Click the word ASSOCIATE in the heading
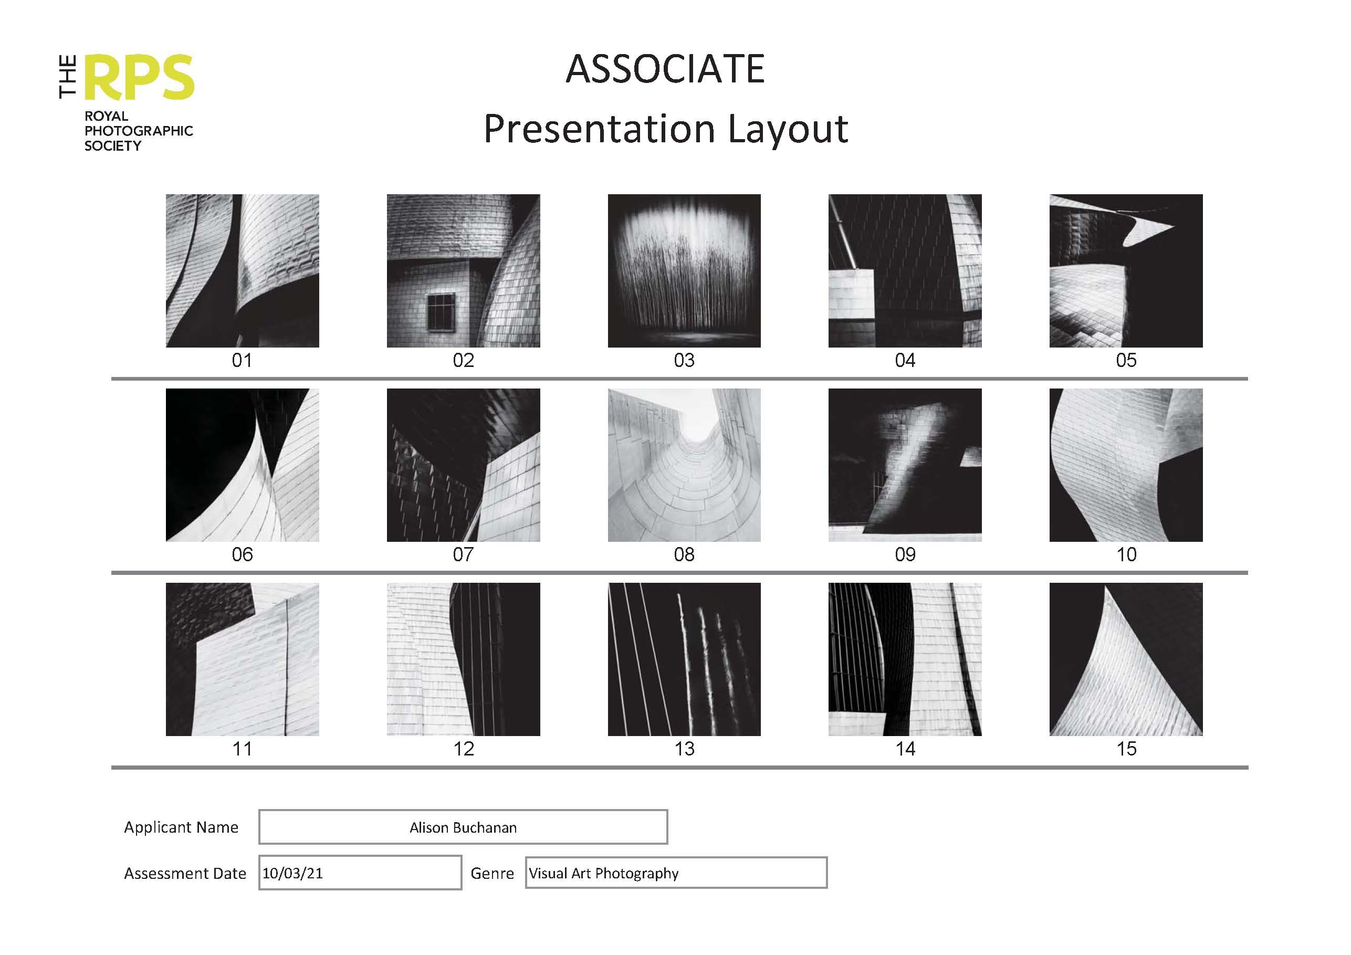pyautogui.click(x=665, y=69)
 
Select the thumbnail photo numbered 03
pyautogui.click(x=684, y=271)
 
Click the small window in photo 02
pyautogui.click(x=441, y=312)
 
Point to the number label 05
pyautogui.click(x=1126, y=360)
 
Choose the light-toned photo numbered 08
pyautogui.click(x=684, y=465)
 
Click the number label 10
pyautogui.click(x=1126, y=554)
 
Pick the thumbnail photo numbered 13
pyautogui.click(x=684, y=659)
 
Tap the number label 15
pyautogui.click(x=1126, y=749)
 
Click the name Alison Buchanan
pyautogui.click(x=463, y=827)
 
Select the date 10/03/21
pyautogui.click(x=292, y=873)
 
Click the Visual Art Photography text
pyautogui.click(x=604, y=873)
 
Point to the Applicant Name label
pyautogui.click(x=181, y=827)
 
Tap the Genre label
pyautogui.click(x=492, y=873)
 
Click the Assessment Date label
pyautogui.click(x=185, y=873)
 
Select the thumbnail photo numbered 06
pyautogui.click(x=243, y=465)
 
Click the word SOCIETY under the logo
pyautogui.click(x=112, y=146)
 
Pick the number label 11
pyautogui.click(x=243, y=749)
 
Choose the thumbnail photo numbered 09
pyautogui.click(x=905, y=465)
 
